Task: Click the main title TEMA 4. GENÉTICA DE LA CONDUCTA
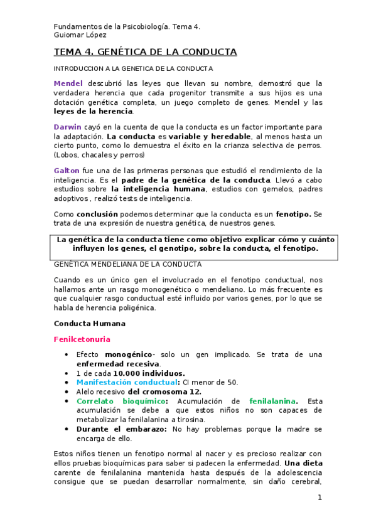145,52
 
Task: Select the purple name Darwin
68,127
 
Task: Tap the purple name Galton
67,171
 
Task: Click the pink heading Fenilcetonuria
82,339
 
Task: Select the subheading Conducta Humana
90,324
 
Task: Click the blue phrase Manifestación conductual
126,381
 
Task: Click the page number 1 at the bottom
320,497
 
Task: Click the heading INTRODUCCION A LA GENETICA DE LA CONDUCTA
134,68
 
